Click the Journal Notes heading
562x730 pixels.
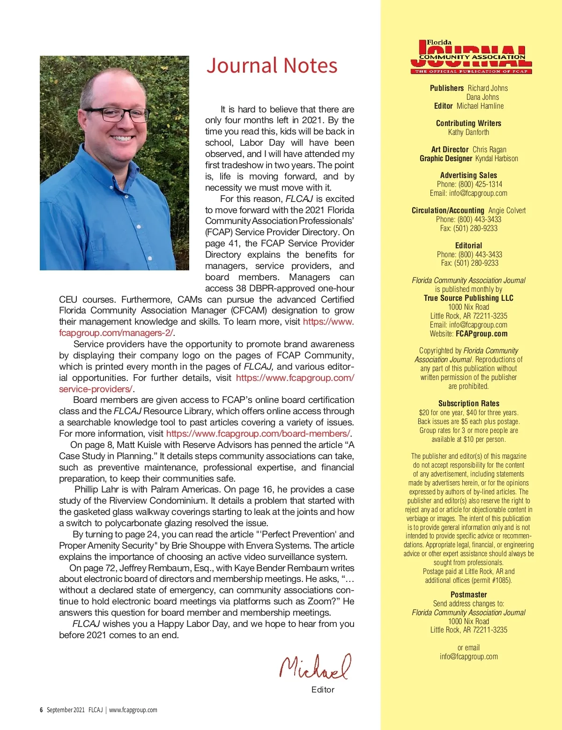[x=272, y=66]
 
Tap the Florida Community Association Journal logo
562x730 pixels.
[x=469, y=57]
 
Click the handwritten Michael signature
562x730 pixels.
[x=315, y=666]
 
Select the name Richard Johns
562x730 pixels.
[x=488, y=88]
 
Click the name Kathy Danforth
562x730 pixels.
[x=468, y=132]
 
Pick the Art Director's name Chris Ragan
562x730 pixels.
[x=489, y=149]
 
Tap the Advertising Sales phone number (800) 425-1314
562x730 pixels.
[x=480, y=184]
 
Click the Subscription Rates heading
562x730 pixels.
[x=469, y=403]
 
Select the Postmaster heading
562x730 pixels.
[x=469, y=595]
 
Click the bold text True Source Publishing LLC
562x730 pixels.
[x=469, y=298]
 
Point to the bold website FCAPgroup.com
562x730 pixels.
[x=481, y=334]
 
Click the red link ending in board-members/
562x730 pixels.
[x=258, y=433]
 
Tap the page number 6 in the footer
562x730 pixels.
[x=41, y=710]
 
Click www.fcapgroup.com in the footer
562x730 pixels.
[x=133, y=710]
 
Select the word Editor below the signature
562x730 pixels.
[x=323, y=690]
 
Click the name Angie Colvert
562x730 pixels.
[x=507, y=210]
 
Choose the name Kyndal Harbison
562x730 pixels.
[x=496, y=158]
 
